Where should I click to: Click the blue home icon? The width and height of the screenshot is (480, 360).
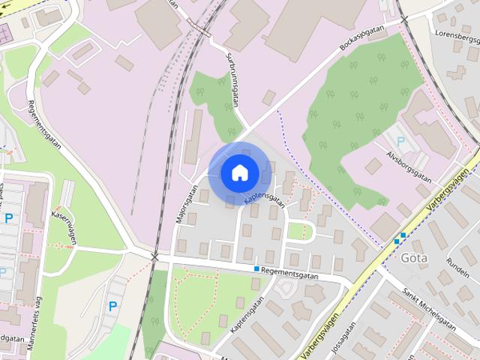(239, 172)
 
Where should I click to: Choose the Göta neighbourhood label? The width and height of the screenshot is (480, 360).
(414, 259)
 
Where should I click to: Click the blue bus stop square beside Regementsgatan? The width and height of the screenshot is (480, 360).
(256, 268)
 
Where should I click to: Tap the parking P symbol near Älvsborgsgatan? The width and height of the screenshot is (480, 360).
(400, 140)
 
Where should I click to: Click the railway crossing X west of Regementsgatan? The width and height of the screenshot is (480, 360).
(154, 257)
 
